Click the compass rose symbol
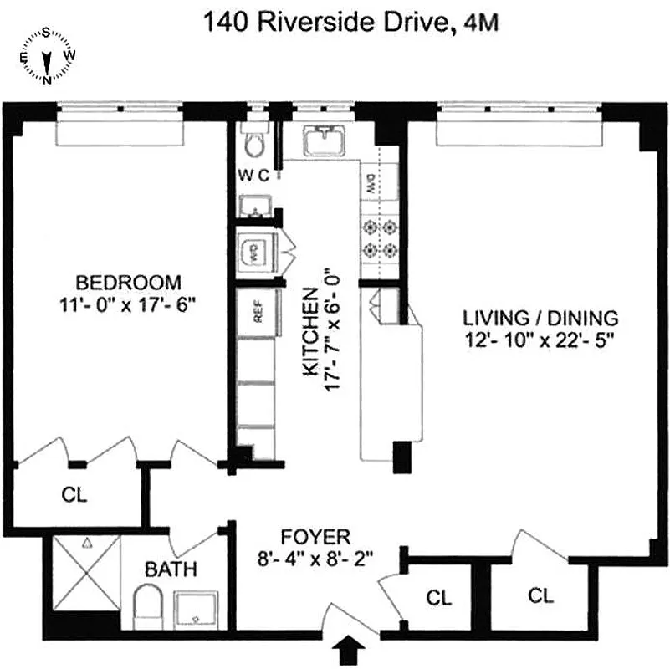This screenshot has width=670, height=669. tap(48, 56)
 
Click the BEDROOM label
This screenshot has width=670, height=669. tap(128, 281)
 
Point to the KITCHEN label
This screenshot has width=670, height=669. tap(309, 332)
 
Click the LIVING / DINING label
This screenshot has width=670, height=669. tap(541, 318)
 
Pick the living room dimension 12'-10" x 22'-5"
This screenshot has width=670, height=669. tap(541, 340)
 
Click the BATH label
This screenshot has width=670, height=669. tap(171, 570)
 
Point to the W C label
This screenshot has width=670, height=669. tap(253, 175)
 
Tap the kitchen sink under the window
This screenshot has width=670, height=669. tap(324, 140)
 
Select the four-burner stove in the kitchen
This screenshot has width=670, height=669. tap(378, 237)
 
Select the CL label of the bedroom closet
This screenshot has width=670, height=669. tap(74, 494)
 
